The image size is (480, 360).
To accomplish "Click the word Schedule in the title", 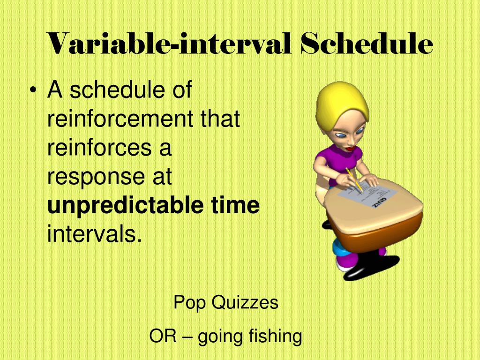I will pyautogui.click(x=366, y=44).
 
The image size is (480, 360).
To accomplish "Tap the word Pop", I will pyautogui.click(x=189, y=303).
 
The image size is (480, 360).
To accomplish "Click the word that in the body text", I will pyautogui.click(x=220, y=119).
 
